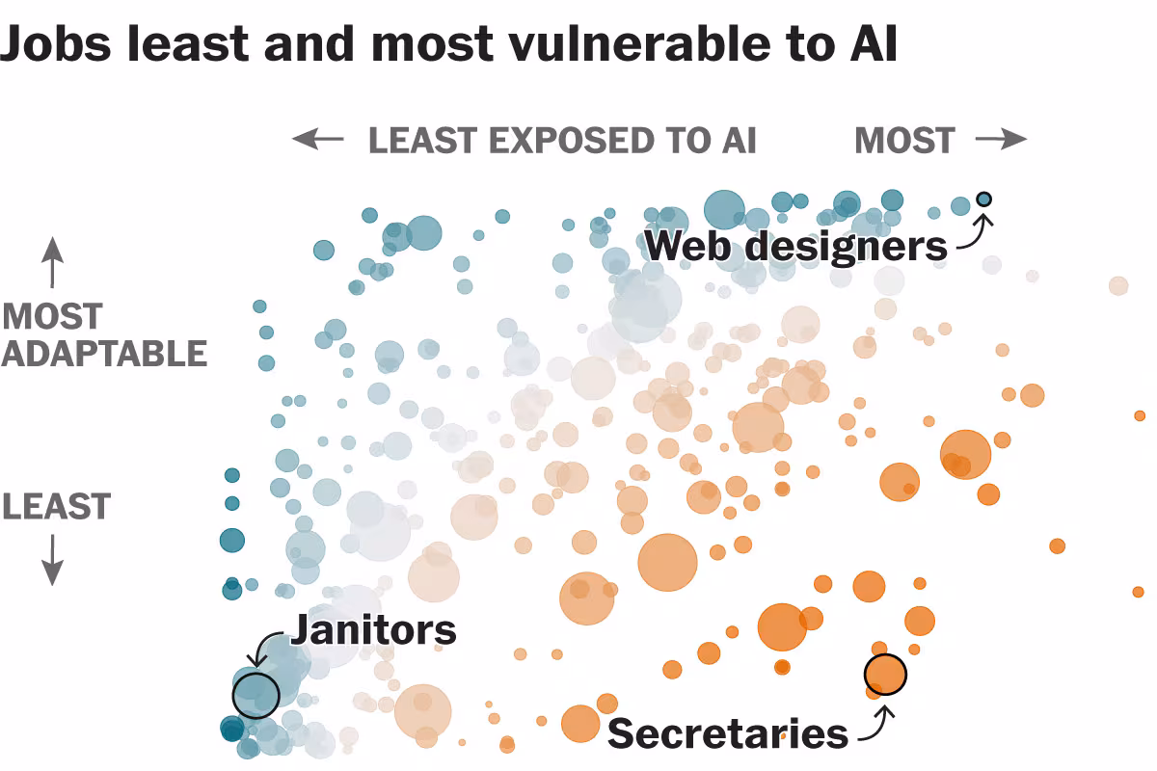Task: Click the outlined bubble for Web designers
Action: [983, 199]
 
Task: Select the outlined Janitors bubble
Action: [256, 693]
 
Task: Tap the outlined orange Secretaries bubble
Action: [885, 674]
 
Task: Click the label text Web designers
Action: [795, 246]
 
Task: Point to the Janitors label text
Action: [373, 629]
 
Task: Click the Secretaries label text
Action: [728, 733]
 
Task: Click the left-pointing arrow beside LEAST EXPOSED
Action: [318, 140]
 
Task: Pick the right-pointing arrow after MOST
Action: [1002, 140]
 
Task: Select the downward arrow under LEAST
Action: [52, 560]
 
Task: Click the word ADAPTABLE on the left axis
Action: [104, 354]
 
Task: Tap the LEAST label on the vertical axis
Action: [57, 507]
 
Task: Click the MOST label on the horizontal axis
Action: [904, 141]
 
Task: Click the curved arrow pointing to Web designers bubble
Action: [974, 233]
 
